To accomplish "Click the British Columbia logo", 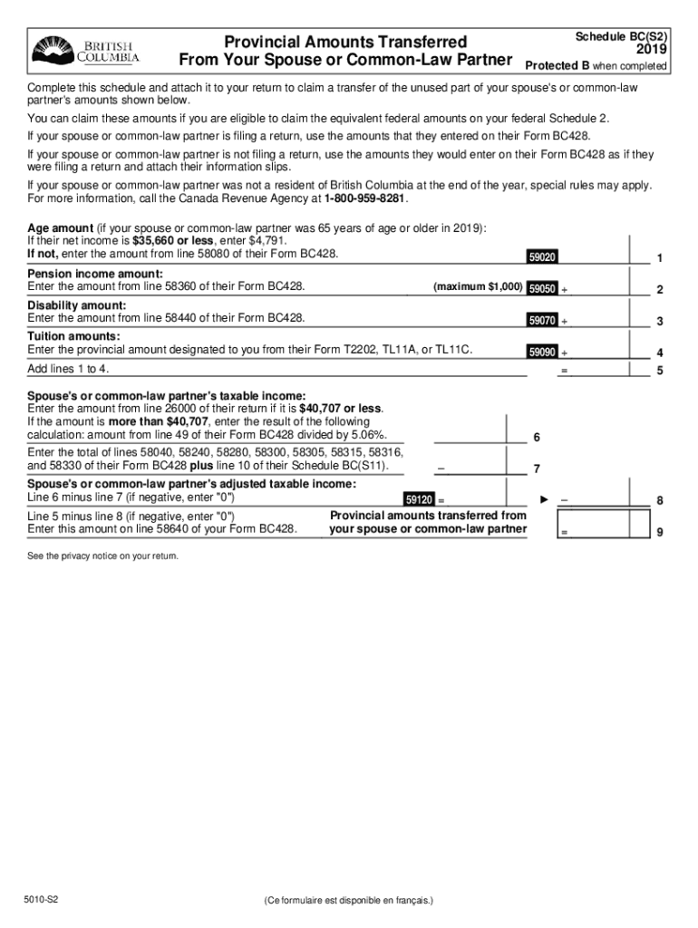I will click(x=87, y=52).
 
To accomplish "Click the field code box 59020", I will click(x=542, y=257).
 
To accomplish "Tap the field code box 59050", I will click(x=542, y=289).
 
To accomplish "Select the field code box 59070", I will click(x=542, y=321).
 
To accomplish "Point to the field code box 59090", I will click(x=542, y=353).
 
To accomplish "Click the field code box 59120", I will click(x=419, y=500).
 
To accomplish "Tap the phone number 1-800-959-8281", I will click(x=359, y=198).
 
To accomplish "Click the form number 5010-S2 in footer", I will click(x=43, y=900).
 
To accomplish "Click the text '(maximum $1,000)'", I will click(x=478, y=287).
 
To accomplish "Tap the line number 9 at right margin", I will click(x=660, y=533).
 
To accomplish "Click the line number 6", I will click(x=537, y=438).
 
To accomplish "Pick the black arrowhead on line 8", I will click(x=545, y=499).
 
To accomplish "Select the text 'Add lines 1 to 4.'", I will click(x=69, y=369).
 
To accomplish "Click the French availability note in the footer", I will click(x=349, y=900).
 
